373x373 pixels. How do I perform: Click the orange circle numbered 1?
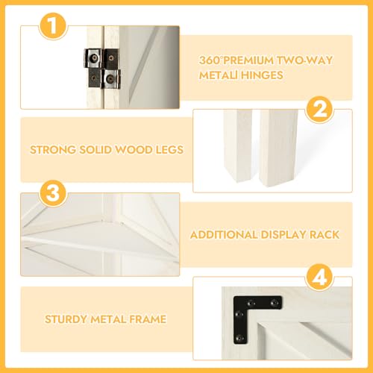53,26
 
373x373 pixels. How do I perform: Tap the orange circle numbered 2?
320,110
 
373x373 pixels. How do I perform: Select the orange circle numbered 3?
53,193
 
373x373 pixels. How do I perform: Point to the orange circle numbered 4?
320,278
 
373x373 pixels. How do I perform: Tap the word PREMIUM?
246,60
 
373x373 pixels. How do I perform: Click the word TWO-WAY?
304,60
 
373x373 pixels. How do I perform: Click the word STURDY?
66,319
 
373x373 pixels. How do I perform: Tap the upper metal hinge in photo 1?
101,58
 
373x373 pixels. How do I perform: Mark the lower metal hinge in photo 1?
104,79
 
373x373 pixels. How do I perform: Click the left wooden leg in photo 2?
238,145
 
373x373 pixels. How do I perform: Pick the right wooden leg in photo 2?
278,148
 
